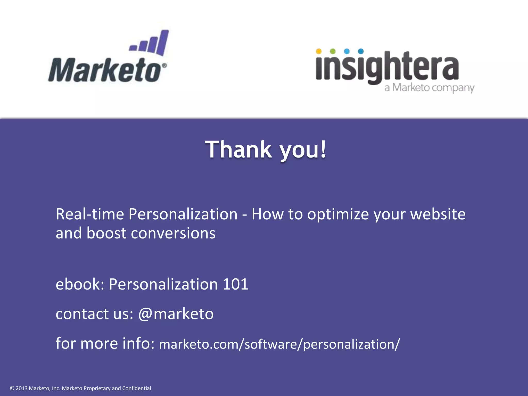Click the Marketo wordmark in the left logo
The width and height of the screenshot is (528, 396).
[104, 70]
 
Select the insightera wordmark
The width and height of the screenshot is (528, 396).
[387, 67]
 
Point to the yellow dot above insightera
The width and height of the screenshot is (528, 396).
[319, 51]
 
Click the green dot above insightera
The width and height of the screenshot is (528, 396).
[333, 51]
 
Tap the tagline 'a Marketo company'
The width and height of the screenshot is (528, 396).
[429, 88]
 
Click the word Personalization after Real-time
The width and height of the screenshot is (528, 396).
[183, 214]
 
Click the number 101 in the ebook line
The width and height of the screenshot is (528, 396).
[235, 284]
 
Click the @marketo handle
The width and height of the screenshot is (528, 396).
[176, 314]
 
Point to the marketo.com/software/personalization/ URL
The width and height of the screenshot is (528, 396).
[279, 344]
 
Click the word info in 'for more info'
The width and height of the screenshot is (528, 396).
[138, 343]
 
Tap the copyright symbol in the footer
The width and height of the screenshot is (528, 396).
[12, 388]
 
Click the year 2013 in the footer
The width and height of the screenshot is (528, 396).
[21, 388]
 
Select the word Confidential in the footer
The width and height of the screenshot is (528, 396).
[137, 388]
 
